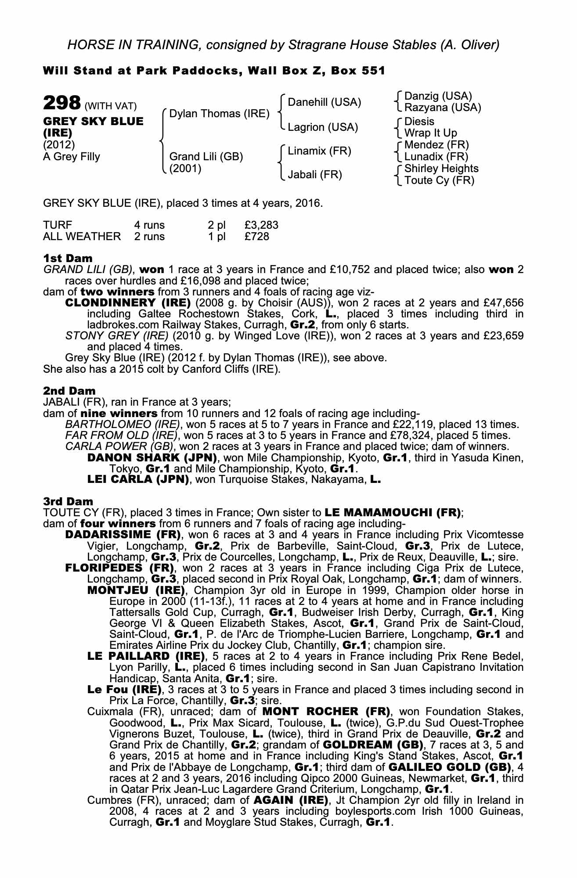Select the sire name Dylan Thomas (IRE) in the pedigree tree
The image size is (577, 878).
(219, 114)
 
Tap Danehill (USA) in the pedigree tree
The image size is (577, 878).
(324, 102)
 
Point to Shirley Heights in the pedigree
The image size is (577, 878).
(441, 169)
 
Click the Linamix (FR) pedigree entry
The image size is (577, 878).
(319, 151)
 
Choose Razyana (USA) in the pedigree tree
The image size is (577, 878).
(443, 108)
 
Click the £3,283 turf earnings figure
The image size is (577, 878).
(261, 225)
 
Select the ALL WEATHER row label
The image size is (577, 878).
(82, 237)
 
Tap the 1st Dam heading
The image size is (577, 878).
(68, 258)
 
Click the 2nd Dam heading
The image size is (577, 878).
(69, 391)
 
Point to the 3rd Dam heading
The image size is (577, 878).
(69, 501)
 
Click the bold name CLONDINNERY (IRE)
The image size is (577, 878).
(128, 303)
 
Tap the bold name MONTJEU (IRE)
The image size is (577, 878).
(138, 590)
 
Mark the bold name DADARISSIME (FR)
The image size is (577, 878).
(123, 535)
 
